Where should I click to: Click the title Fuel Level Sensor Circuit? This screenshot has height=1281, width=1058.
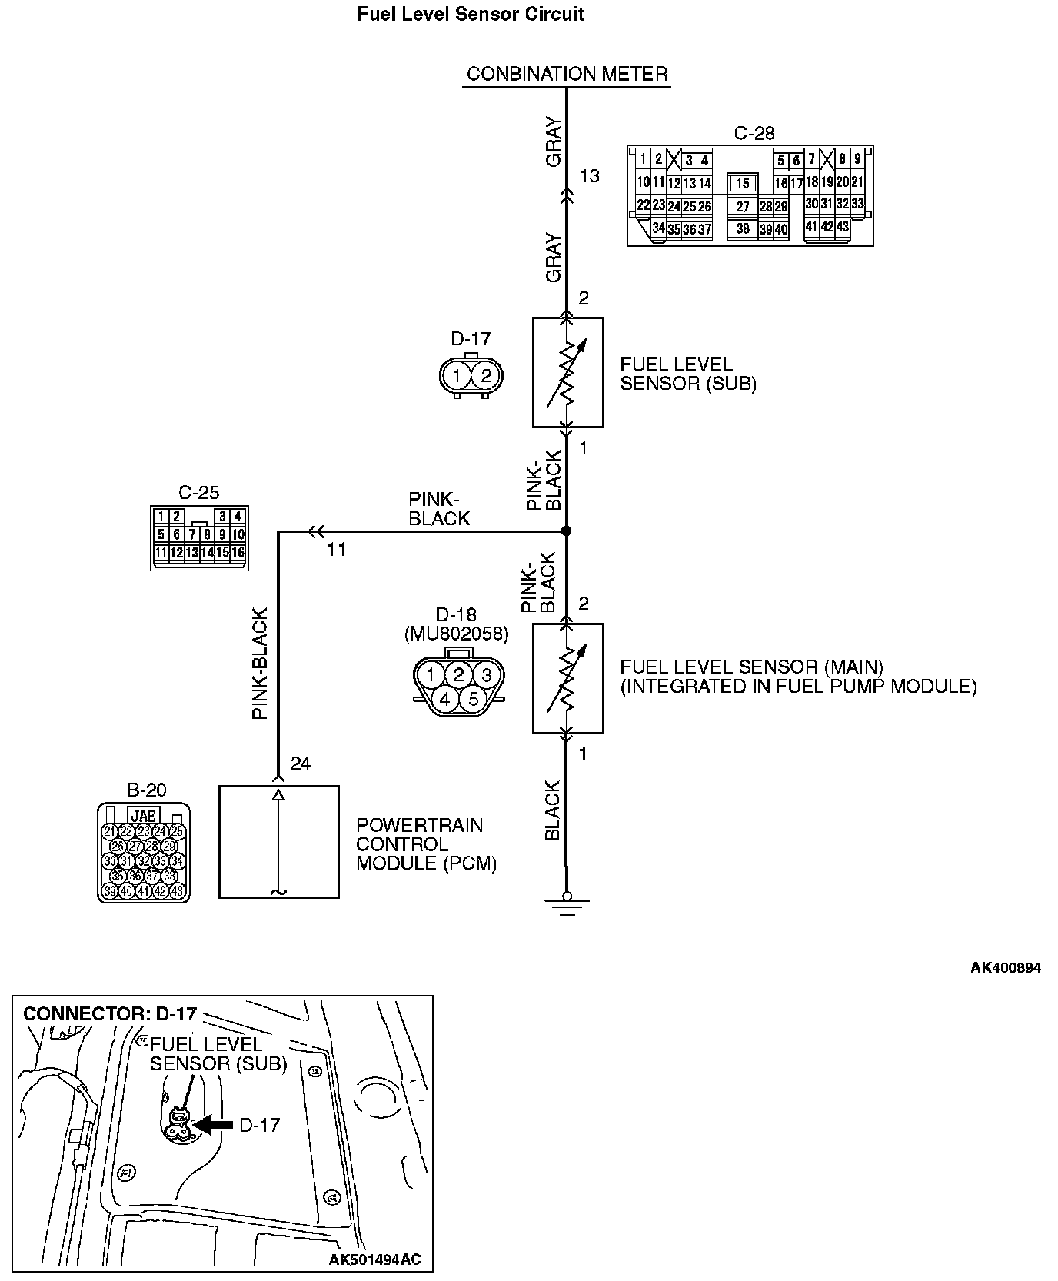coord(471,15)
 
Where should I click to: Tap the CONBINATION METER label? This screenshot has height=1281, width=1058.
coord(567,74)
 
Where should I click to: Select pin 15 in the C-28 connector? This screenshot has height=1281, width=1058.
coord(742,184)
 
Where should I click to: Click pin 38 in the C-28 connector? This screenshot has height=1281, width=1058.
coord(742,228)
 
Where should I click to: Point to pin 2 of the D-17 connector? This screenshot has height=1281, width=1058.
coord(485,377)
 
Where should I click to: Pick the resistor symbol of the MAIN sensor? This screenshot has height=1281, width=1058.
coord(567,678)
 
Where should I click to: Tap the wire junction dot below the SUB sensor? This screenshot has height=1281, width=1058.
coord(567,531)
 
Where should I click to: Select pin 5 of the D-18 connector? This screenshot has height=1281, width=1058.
coord(473,699)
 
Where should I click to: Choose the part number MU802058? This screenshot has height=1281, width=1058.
coord(456,634)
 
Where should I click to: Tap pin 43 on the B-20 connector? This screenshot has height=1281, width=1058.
coord(178,891)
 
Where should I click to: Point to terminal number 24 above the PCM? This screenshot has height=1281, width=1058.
coord(300,764)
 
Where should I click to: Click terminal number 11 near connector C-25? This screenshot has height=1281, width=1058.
coord(336,550)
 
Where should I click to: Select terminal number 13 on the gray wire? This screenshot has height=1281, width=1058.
coord(589,176)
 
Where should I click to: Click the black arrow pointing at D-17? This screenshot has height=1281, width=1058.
coord(211,1124)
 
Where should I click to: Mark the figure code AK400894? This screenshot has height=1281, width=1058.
coord(1005,967)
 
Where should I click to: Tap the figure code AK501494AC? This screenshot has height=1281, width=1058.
coord(374,1259)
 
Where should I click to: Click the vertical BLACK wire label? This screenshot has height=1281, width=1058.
coord(552,811)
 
